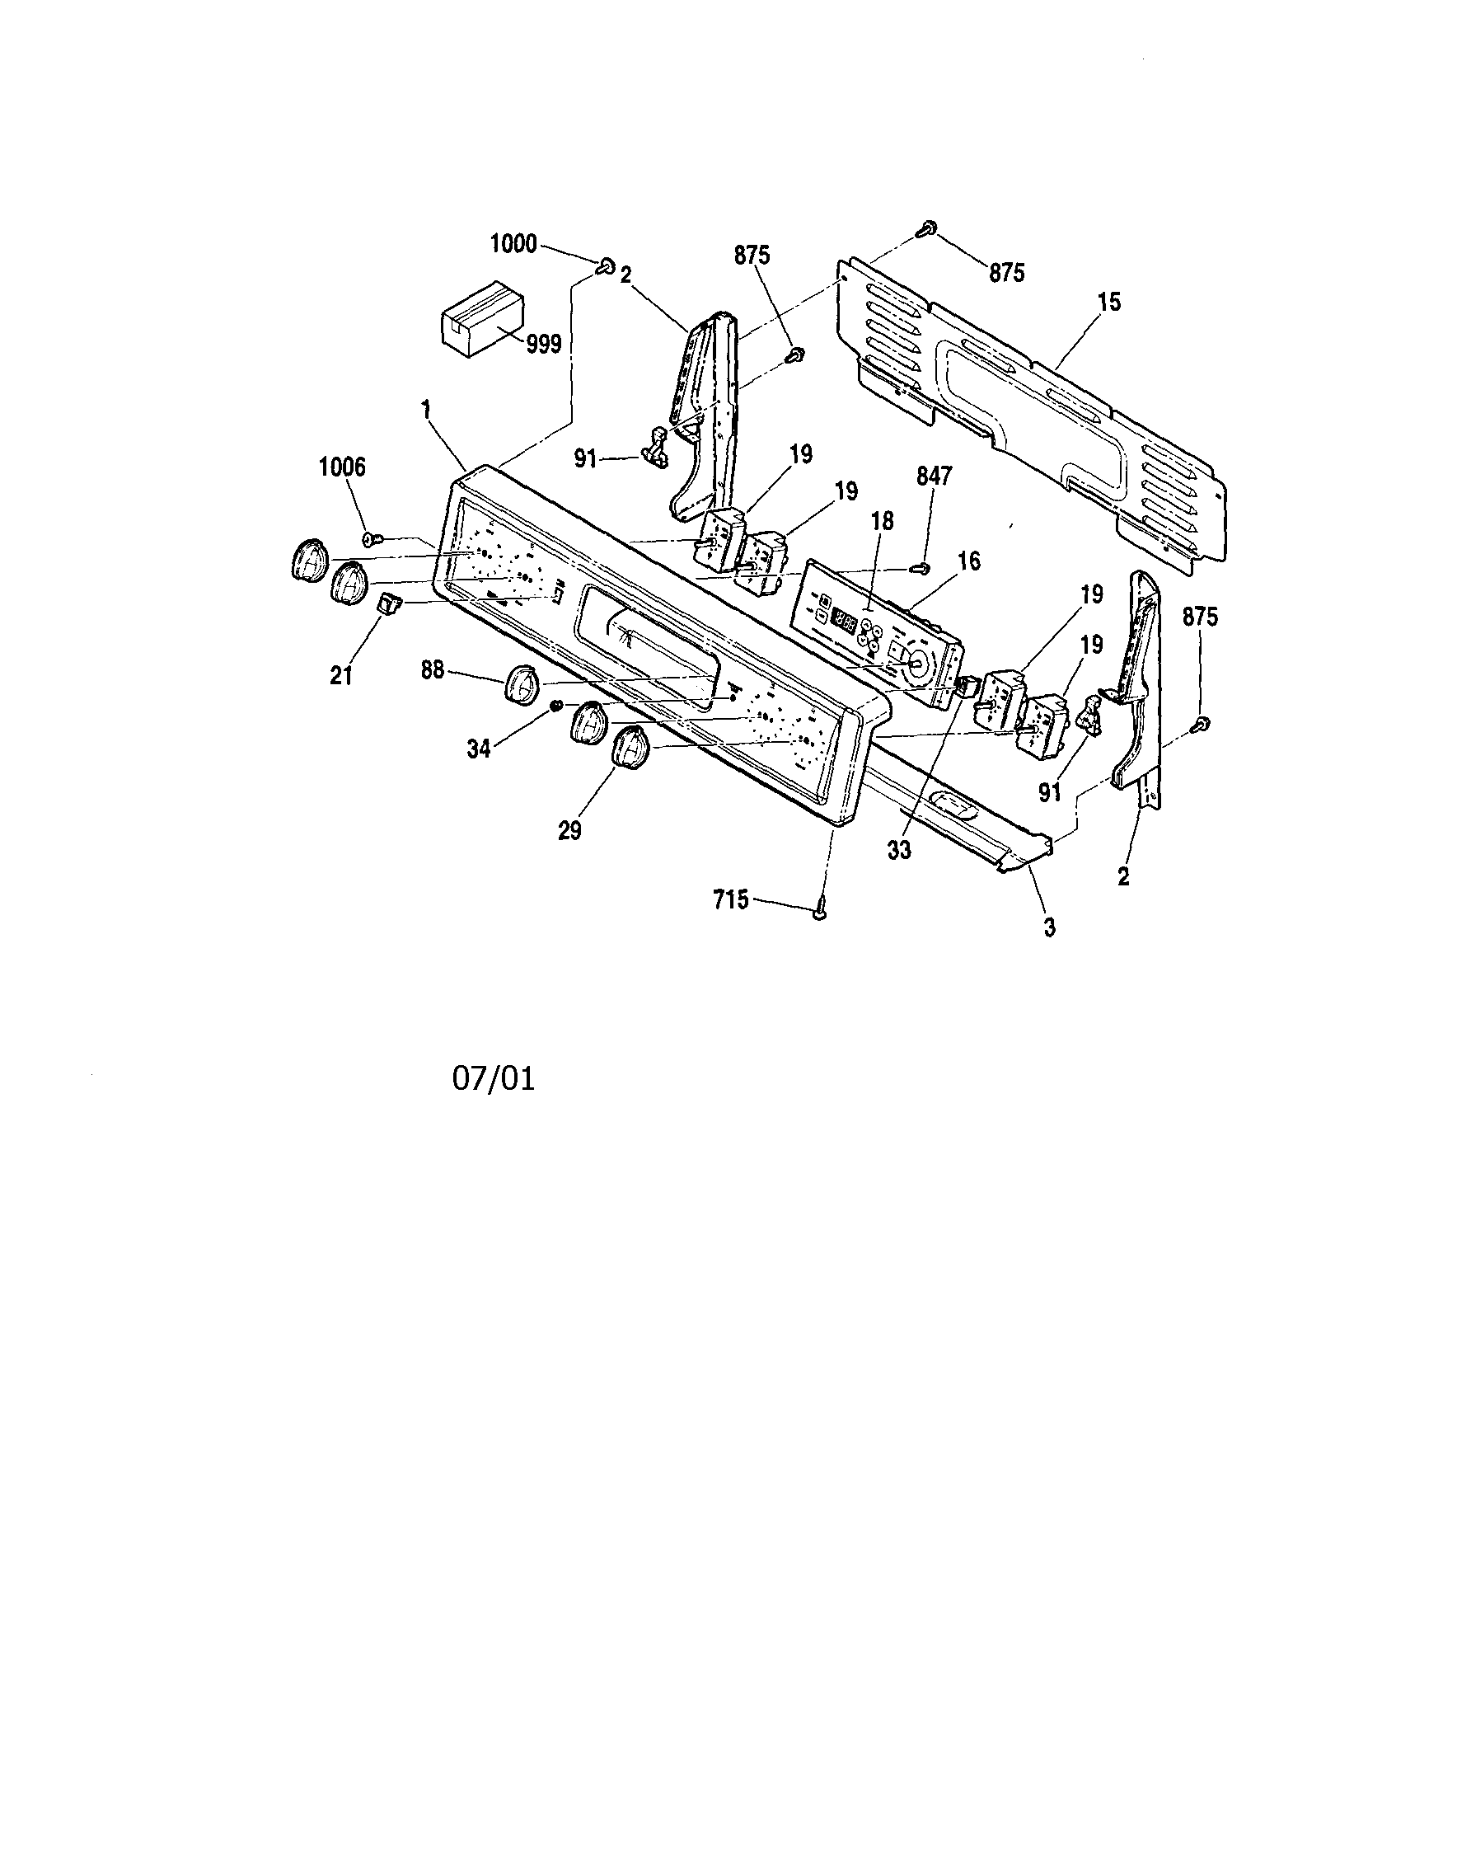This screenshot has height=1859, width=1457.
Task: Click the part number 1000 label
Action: (x=513, y=244)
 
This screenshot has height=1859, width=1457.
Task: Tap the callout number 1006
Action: (x=342, y=467)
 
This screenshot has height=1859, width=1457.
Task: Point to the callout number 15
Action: (x=1110, y=302)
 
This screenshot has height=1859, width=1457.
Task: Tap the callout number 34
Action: (x=479, y=749)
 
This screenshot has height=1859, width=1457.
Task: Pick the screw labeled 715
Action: (x=821, y=913)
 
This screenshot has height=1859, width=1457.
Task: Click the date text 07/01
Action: (x=493, y=1079)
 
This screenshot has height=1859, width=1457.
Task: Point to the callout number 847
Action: (x=934, y=476)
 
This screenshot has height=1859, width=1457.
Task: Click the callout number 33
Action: (x=899, y=850)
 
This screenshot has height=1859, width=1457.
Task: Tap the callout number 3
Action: (x=1049, y=927)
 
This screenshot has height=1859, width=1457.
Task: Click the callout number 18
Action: (x=882, y=520)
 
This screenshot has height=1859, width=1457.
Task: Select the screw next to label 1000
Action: (x=607, y=267)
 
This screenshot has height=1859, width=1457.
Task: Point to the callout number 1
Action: (x=426, y=409)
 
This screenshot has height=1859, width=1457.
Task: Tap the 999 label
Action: (x=543, y=344)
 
